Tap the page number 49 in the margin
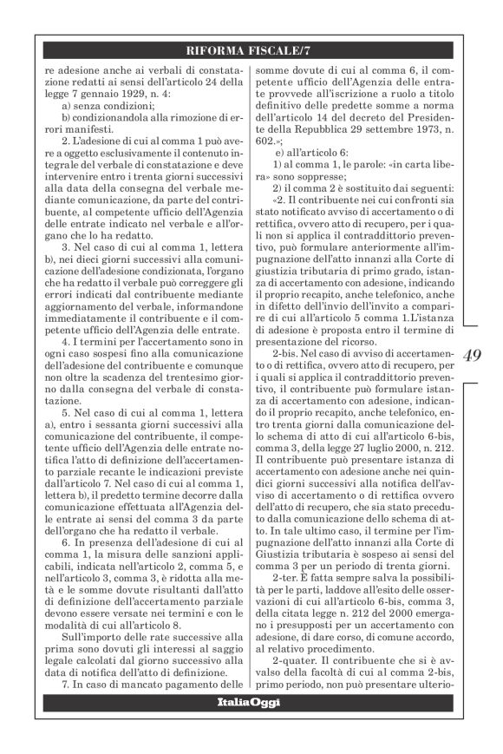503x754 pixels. pos(475,353)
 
